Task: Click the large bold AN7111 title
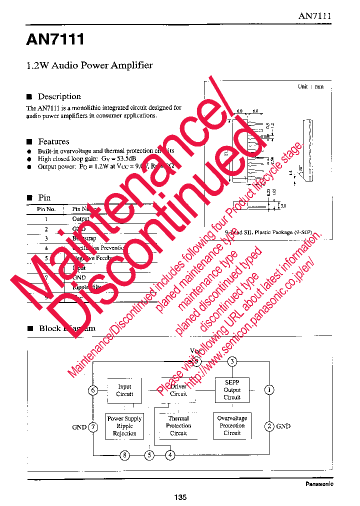(55, 39)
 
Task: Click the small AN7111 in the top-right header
(315, 15)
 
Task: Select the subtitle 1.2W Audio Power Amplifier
(89, 65)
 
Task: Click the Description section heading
(59, 96)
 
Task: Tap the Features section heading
(53, 141)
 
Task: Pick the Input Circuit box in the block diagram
(124, 390)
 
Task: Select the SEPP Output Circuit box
(232, 390)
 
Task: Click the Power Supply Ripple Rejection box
(124, 426)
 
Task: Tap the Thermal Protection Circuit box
(178, 426)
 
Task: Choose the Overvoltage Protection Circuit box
(232, 426)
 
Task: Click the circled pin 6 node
(93, 390)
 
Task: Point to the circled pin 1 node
(269, 390)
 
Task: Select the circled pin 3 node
(232, 362)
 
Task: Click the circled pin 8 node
(124, 455)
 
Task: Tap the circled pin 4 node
(170, 455)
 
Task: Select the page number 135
(180, 497)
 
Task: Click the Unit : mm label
(310, 86)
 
